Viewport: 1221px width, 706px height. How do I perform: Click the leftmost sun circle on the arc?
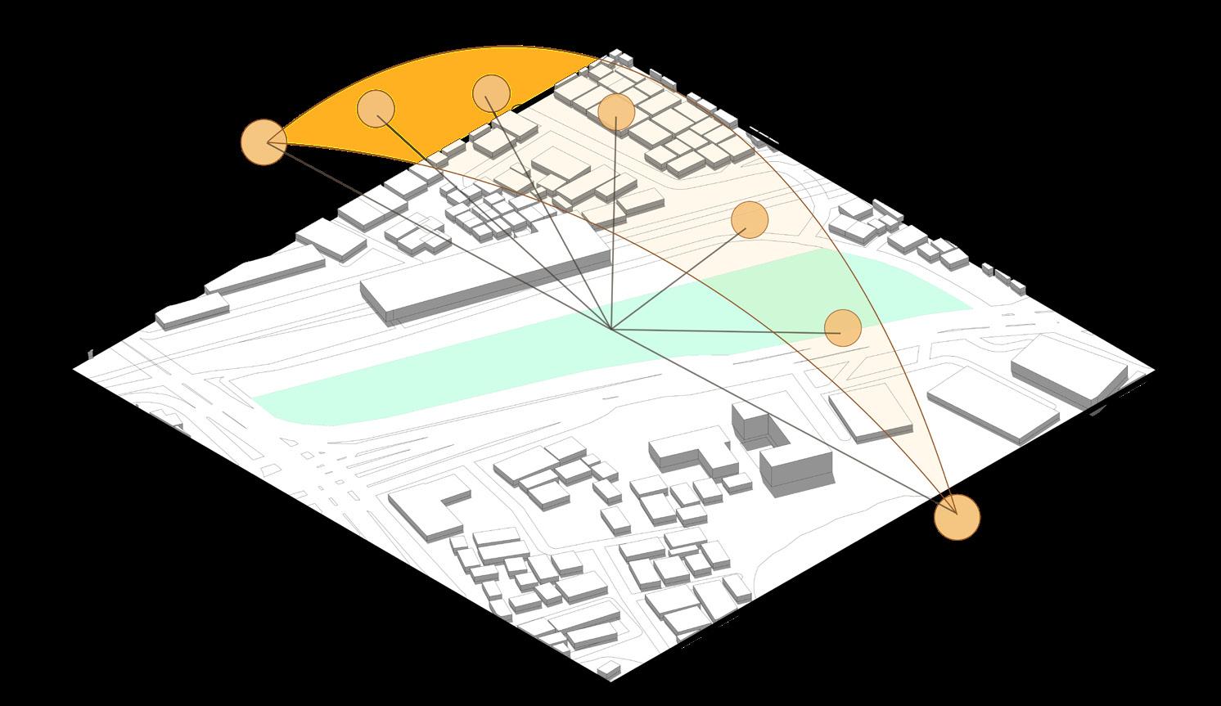(263, 141)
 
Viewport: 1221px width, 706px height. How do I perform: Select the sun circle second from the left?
(376, 107)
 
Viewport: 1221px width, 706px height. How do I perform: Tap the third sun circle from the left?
(491, 93)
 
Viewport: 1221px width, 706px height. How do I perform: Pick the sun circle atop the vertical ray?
(615, 112)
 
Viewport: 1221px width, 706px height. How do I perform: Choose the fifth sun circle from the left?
(749, 218)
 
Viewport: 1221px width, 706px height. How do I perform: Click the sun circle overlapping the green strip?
(842, 327)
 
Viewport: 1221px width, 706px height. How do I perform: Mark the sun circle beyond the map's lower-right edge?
(957, 517)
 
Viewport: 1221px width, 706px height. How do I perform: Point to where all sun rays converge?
(611, 329)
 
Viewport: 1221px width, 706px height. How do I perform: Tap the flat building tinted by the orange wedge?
(867, 413)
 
